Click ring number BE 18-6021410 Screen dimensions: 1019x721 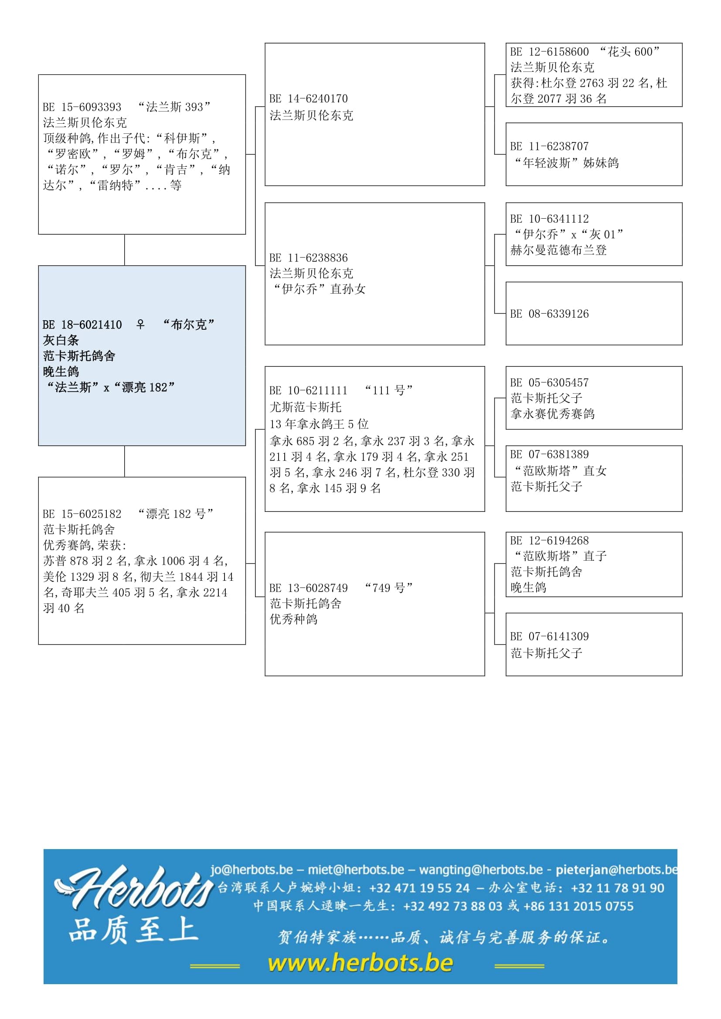pos(82,325)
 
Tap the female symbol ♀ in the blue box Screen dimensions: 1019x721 pos(140,325)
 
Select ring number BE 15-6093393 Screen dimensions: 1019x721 pos(82,107)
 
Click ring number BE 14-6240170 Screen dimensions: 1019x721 pos(309,98)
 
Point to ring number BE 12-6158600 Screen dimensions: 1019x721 pos(549,52)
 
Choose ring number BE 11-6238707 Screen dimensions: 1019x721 pos(549,146)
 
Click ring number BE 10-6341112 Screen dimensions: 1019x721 pos(549,219)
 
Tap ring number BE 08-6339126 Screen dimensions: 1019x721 pos(549,314)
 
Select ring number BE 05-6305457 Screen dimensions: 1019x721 pos(549,383)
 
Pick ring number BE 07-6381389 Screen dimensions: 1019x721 pos(549,454)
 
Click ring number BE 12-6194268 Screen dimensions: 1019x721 pos(549,541)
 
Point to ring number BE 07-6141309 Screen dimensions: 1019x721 pos(549,636)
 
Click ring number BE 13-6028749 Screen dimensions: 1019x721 pos(309,588)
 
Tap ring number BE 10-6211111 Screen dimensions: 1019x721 pos(309,390)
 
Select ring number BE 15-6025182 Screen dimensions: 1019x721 pos(82,514)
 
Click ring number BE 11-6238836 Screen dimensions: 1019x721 pos(309,258)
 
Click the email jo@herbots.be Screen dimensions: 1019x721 pos(252,870)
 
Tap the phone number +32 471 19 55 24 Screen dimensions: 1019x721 pos(419,887)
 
